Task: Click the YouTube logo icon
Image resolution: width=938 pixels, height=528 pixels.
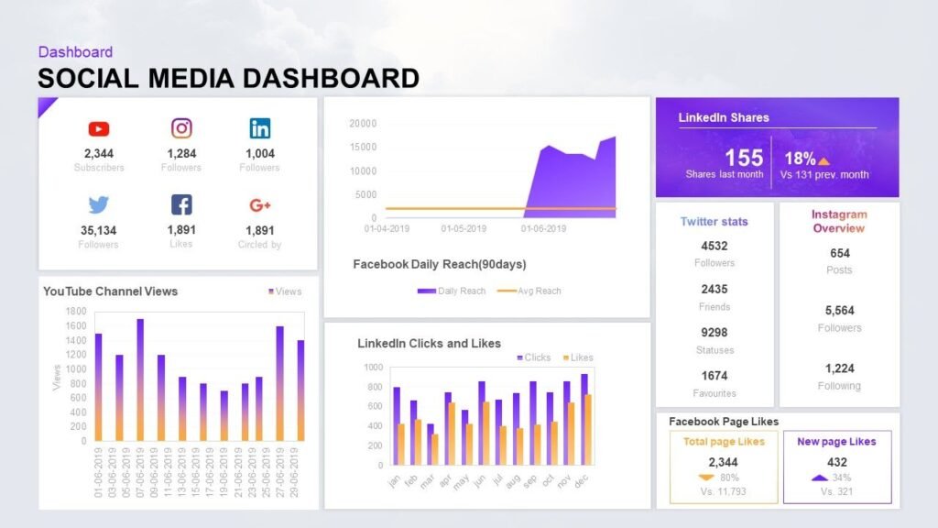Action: pyautogui.click(x=99, y=129)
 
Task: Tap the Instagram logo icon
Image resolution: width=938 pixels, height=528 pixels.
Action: pyautogui.click(x=181, y=129)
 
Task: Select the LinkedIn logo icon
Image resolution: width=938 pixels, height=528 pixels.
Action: pyautogui.click(x=259, y=129)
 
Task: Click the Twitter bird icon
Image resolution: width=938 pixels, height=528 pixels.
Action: pyautogui.click(x=99, y=204)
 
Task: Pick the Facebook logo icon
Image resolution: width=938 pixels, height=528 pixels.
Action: pyautogui.click(x=181, y=204)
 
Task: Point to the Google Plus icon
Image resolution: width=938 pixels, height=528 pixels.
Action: pyautogui.click(x=259, y=205)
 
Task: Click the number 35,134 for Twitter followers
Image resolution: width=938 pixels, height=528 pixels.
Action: pyautogui.click(x=99, y=230)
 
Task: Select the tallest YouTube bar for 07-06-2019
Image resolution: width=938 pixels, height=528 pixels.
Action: pyautogui.click(x=140, y=379)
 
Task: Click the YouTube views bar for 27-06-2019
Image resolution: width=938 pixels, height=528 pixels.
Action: pyautogui.click(x=279, y=383)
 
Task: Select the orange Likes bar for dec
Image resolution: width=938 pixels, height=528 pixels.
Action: pyautogui.click(x=588, y=430)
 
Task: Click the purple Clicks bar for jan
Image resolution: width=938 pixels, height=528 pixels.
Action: pyautogui.click(x=396, y=425)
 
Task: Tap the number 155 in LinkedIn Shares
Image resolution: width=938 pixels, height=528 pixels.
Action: pyautogui.click(x=744, y=158)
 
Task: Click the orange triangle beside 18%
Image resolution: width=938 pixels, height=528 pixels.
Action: pyautogui.click(x=823, y=160)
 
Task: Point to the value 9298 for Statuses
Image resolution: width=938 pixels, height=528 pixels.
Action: pyautogui.click(x=714, y=333)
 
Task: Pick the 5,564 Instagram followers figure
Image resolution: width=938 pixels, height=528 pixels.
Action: pyautogui.click(x=839, y=311)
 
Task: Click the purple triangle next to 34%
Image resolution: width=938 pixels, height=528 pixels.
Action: pyautogui.click(x=818, y=478)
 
